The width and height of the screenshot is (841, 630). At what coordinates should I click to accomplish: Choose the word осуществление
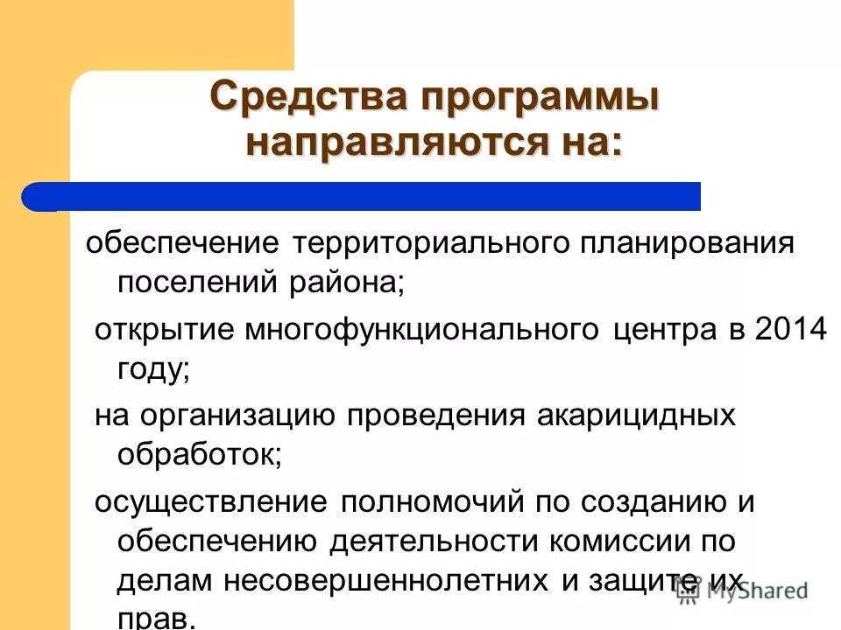(x=211, y=503)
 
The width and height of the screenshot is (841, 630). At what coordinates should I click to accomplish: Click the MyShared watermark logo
(x=744, y=591)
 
